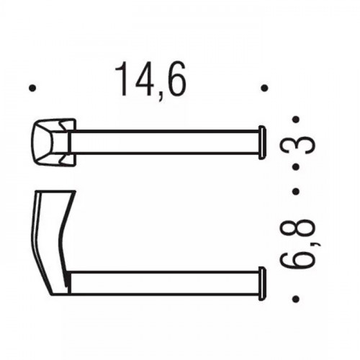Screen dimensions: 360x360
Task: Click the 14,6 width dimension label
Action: (x=150, y=81)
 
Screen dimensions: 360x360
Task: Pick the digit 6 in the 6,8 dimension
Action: (x=297, y=258)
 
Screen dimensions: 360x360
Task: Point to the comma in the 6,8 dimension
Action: (x=318, y=243)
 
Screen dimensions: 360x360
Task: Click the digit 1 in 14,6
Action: (x=124, y=79)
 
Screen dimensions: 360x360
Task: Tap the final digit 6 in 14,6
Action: (x=176, y=79)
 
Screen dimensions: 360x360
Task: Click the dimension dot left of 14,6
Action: (x=32, y=88)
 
